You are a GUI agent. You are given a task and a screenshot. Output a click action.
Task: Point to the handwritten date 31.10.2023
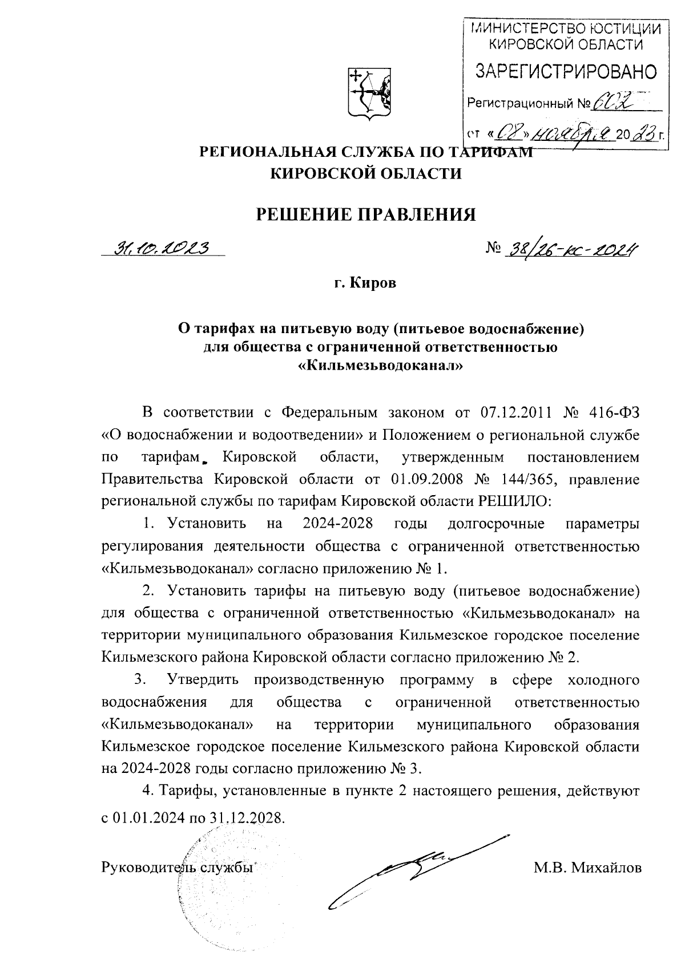click(162, 248)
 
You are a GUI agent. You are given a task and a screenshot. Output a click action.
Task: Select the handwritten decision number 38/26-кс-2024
click(571, 249)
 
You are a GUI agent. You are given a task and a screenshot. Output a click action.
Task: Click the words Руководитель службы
click(177, 868)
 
